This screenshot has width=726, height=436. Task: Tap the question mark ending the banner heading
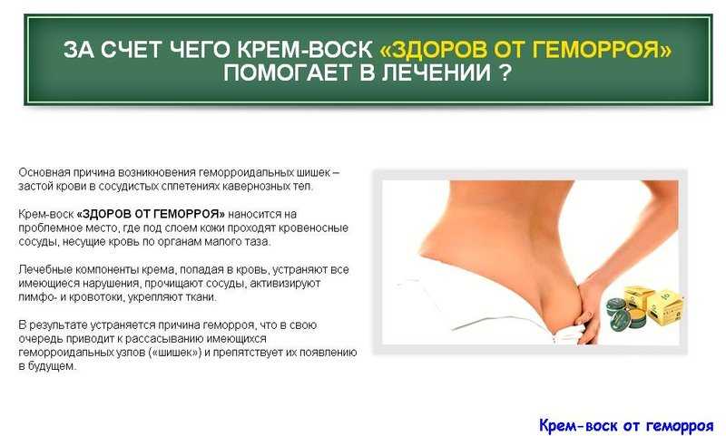tap(505, 73)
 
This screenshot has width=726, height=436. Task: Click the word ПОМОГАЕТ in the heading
tap(289, 73)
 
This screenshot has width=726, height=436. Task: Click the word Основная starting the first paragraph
tap(44, 172)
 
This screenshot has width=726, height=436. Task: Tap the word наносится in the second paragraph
tap(255, 214)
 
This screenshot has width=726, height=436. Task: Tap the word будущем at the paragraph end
tap(52, 366)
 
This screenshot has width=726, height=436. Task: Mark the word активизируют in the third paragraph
tap(285, 284)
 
